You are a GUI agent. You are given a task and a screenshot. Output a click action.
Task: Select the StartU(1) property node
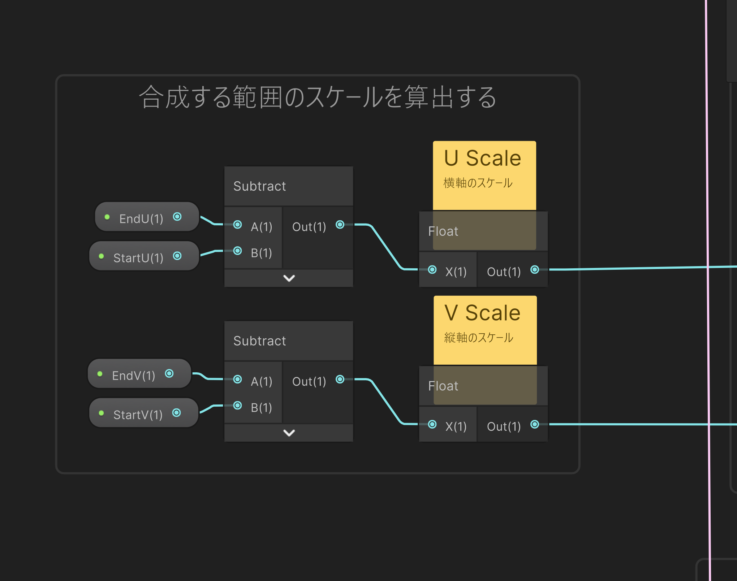[138, 257]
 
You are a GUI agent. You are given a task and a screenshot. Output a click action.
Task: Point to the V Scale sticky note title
[483, 313]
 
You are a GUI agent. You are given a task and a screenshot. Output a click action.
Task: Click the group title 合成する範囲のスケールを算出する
[318, 97]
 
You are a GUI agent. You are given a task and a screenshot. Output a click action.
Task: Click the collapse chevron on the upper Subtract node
[289, 278]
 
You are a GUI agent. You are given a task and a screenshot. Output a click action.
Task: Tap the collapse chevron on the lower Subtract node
[289, 433]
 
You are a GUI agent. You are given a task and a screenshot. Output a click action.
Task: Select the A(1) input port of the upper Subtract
[238, 225]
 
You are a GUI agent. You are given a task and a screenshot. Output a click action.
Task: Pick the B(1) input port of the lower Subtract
[238, 406]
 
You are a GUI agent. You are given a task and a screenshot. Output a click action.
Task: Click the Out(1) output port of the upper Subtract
[340, 225]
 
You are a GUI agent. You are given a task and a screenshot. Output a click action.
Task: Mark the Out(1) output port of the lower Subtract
[340, 379]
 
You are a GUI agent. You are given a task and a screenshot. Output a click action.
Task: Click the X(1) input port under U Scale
[432, 270]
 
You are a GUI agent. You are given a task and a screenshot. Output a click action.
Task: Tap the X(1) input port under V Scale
[432, 424]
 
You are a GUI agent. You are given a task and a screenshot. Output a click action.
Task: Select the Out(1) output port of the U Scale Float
[535, 270]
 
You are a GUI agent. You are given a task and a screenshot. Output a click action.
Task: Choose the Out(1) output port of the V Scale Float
[535, 424]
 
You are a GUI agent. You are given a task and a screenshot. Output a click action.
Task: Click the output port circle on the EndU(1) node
[177, 217]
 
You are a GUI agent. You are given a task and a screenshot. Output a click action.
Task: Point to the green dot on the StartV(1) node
[101, 413]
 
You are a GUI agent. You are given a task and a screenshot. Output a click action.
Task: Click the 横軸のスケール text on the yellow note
[478, 183]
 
